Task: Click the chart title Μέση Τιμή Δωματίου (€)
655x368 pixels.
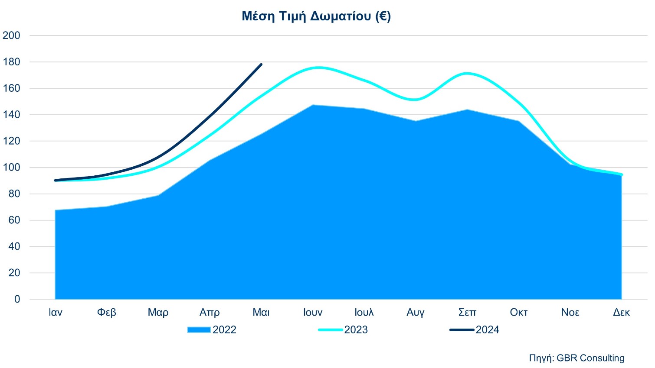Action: coord(316,16)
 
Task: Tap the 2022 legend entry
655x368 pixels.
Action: coord(212,330)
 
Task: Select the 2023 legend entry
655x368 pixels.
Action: coord(343,330)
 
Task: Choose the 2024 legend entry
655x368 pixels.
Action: coord(475,330)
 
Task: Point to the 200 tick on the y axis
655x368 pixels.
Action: coord(11,36)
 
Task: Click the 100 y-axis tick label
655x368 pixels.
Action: coord(11,168)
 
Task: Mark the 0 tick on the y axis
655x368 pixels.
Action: coord(17,299)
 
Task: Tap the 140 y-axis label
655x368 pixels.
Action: coord(11,115)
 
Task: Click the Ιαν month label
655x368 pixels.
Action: coord(56,313)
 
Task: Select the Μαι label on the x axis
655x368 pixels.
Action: coord(261,313)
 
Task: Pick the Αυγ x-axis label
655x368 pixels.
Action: coord(416,313)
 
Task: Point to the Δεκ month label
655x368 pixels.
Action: coord(621,313)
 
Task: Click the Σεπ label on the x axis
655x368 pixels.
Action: coord(467,313)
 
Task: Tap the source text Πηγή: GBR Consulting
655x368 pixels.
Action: coord(576,358)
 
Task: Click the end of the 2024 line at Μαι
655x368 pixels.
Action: coord(261,65)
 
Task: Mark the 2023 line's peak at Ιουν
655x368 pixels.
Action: coord(318,68)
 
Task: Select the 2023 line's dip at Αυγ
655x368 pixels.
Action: coord(416,100)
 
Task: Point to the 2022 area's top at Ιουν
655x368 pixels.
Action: coord(313,105)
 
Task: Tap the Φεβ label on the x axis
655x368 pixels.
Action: coord(107,313)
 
